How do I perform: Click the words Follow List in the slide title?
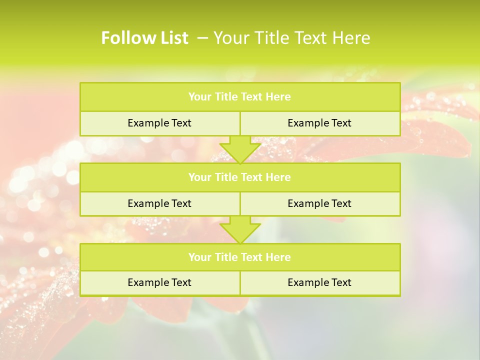pyautogui.click(x=144, y=38)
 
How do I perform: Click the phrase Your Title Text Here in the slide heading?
pyautogui.click(x=292, y=38)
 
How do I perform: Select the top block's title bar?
pyautogui.click(x=240, y=97)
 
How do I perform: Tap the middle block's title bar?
pyautogui.click(x=240, y=177)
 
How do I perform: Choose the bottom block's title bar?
pyautogui.click(x=240, y=257)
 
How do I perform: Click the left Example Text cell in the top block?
pyautogui.click(x=159, y=123)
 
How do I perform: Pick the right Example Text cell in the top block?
pyautogui.click(x=319, y=123)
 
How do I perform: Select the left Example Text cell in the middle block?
pyautogui.click(x=159, y=203)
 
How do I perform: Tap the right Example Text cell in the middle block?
pyautogui.click(x=319, y=203)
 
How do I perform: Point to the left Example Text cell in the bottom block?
pyautogui.click(x=159, y=282)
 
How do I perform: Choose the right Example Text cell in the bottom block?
pyautogui.click(x=319, y=282)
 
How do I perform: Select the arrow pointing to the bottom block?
pyautogui.click(x=240, y=229)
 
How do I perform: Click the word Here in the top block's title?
pyautogui.click(x=278, y=97)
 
